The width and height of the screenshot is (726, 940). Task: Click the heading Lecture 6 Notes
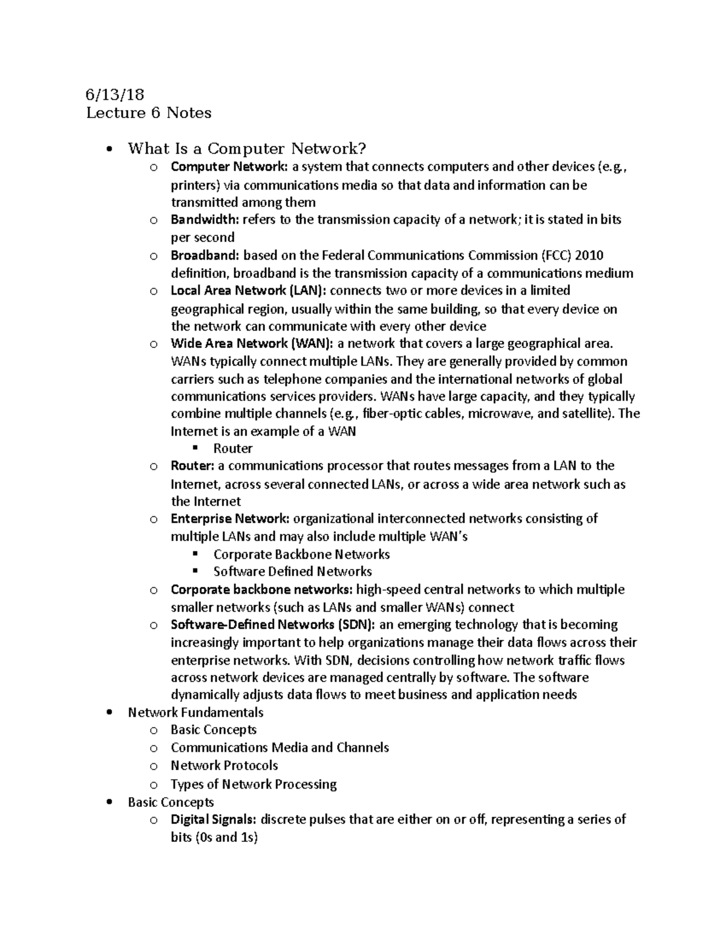coord(148,113)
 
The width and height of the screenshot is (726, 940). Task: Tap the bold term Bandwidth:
coord(204,220)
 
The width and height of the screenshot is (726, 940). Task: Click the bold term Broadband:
coord(205,255)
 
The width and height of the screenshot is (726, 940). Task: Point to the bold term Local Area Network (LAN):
coord(248,291)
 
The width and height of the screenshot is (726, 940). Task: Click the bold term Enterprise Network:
coord(230,519)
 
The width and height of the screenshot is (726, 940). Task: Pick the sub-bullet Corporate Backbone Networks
coord(301,554)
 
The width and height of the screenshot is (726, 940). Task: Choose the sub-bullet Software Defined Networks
coord(292,571)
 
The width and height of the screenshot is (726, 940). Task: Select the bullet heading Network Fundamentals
coord(195,712)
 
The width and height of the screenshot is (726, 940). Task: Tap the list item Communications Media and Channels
coord(280,748)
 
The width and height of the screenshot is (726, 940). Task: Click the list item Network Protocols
coord(224,766)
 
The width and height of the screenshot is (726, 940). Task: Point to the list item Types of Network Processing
coord(253,784)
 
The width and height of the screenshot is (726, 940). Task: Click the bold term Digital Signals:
coord(214,820)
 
